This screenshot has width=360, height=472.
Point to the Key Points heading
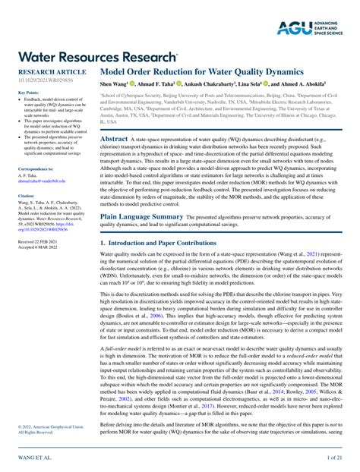(x=28, y=93)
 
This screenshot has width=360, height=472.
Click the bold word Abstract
(x=115, y=140)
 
